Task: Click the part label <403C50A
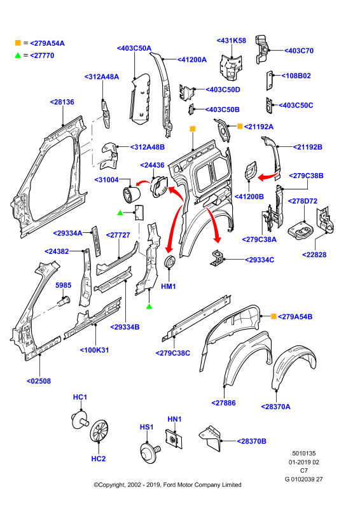pyautogui.click(x=134, y=48)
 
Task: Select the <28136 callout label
pyautogui.click(x=62, y=102)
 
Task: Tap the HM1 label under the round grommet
pyautogui.click(x=169, y=286)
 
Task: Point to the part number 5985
pyautogui.click(x=64, y=285)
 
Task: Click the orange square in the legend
pyautogui.click(x=18, y=43)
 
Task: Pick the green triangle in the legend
pyautogui.click(x=18, y=55)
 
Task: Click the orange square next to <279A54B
pyautogui.click(x=273, y=316)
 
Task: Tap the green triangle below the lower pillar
pyautogui.click(x=149, y=306)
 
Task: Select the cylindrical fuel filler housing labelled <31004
pyautogui.click(x=132, y=195)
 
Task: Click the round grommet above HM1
pyautogui.click(x=170, y=262)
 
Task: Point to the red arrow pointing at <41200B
pyautogui.click(x=268, y=177)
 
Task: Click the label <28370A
pyautogui.click(x=275, y=407)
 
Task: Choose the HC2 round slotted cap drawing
pyautogui.click(x=99, y=431)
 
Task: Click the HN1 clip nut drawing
pyautogui.click(x=174, y=439)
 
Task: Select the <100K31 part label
pyautogui.click(x=95, y=350)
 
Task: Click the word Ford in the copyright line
pyautogui.click(x=169, y=485)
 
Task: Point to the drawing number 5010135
pyautogui.click(x=304, y=453)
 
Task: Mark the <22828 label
pyautogui.click(x=314, y=254)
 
